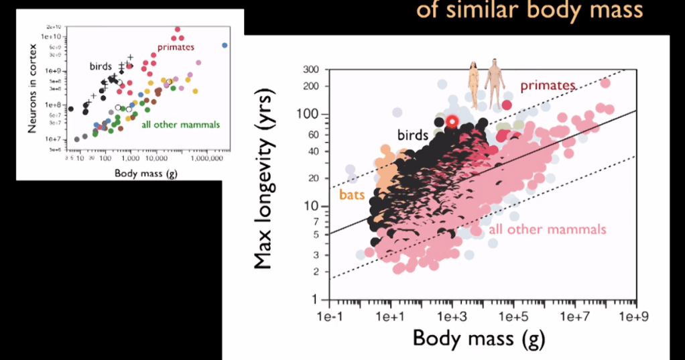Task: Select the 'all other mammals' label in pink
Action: (x=548, y=230)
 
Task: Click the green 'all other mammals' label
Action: (x=180, y=125)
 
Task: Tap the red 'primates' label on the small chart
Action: (x=176, y=48)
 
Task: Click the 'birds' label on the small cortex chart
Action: (x=102, y=66)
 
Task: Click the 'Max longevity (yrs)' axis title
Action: (x=264, y=182)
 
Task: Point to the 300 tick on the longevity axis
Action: (x=309, y=70)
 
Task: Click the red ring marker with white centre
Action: (x=452, y=121)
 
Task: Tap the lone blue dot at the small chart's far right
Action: (x=225, y=45)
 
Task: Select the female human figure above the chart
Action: (x=473, y=84)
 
